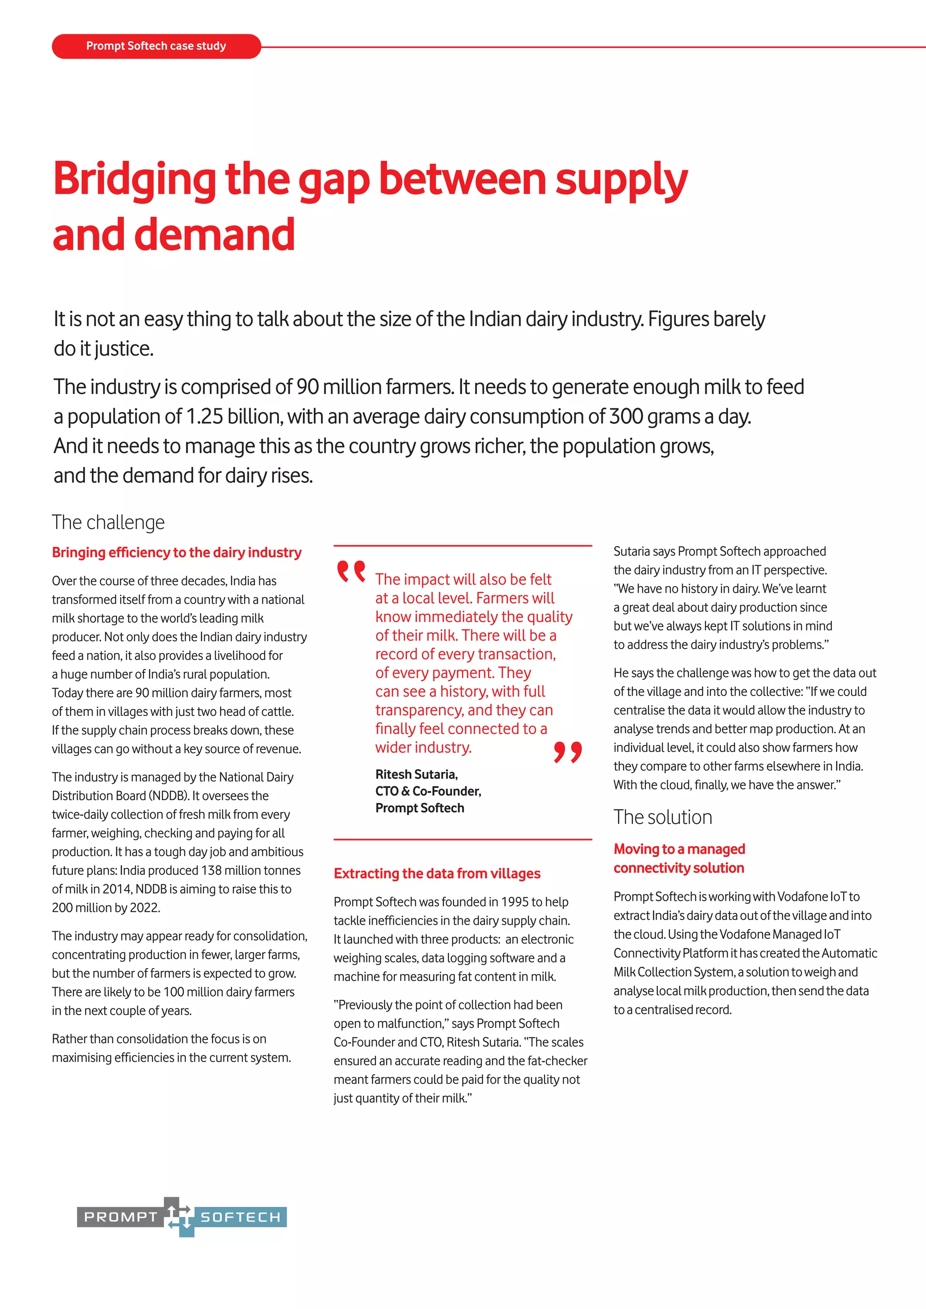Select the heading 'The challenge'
click(109, 522)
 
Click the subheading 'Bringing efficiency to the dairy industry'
click(176, 552)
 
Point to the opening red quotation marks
click(351, 571)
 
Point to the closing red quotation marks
click(567, 752)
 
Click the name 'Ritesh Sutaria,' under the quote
click(416, 774)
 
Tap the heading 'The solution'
click(662, 817)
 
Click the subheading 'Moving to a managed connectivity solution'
click(679, 858)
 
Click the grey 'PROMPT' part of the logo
click(120, 1217)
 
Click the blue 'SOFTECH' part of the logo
click(240, 1217)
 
